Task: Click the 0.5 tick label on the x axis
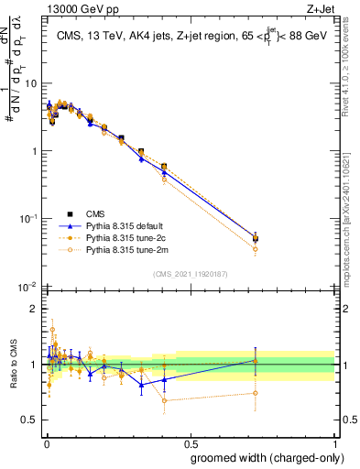click(189, 443)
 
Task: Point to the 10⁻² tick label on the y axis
click(27, 287)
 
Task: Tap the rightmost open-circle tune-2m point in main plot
click(256, 249)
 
